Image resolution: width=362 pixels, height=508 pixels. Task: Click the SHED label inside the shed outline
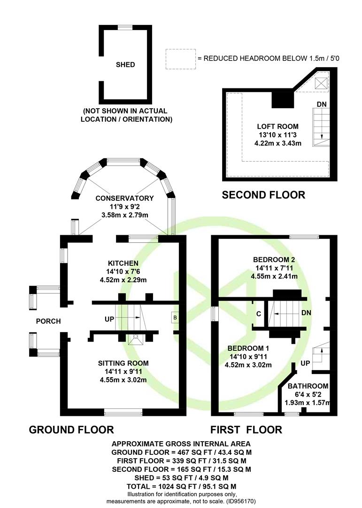click(125, 65)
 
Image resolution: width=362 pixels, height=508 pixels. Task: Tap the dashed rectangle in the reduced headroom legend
click(180, 59)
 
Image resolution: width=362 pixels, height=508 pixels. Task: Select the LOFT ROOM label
click(277, 127)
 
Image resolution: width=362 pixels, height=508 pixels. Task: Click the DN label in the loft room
click(321, 103)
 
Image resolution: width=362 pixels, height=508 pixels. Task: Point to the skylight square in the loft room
click(322, 84)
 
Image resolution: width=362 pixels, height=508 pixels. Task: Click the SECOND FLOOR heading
click(263, 195)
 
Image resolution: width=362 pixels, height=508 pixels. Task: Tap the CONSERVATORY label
click(124, 198)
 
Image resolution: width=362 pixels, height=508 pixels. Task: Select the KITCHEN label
click(123, 263)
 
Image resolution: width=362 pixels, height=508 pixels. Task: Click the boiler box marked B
click(175, 317)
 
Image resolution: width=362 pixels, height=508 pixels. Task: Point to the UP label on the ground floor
click(109, 319)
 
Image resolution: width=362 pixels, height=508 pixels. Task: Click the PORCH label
click(48, 321)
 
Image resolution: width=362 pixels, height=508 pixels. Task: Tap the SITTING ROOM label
click(123, 363)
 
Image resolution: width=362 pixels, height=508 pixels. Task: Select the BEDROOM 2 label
click(274, 260)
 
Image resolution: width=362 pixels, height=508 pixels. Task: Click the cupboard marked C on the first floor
click(259, 314)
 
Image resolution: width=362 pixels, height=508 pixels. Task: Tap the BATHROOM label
click(308, 386)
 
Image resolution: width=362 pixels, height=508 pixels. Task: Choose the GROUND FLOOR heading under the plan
click(71, 429)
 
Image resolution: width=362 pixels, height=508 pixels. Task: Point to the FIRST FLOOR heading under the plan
click(246, 429)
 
